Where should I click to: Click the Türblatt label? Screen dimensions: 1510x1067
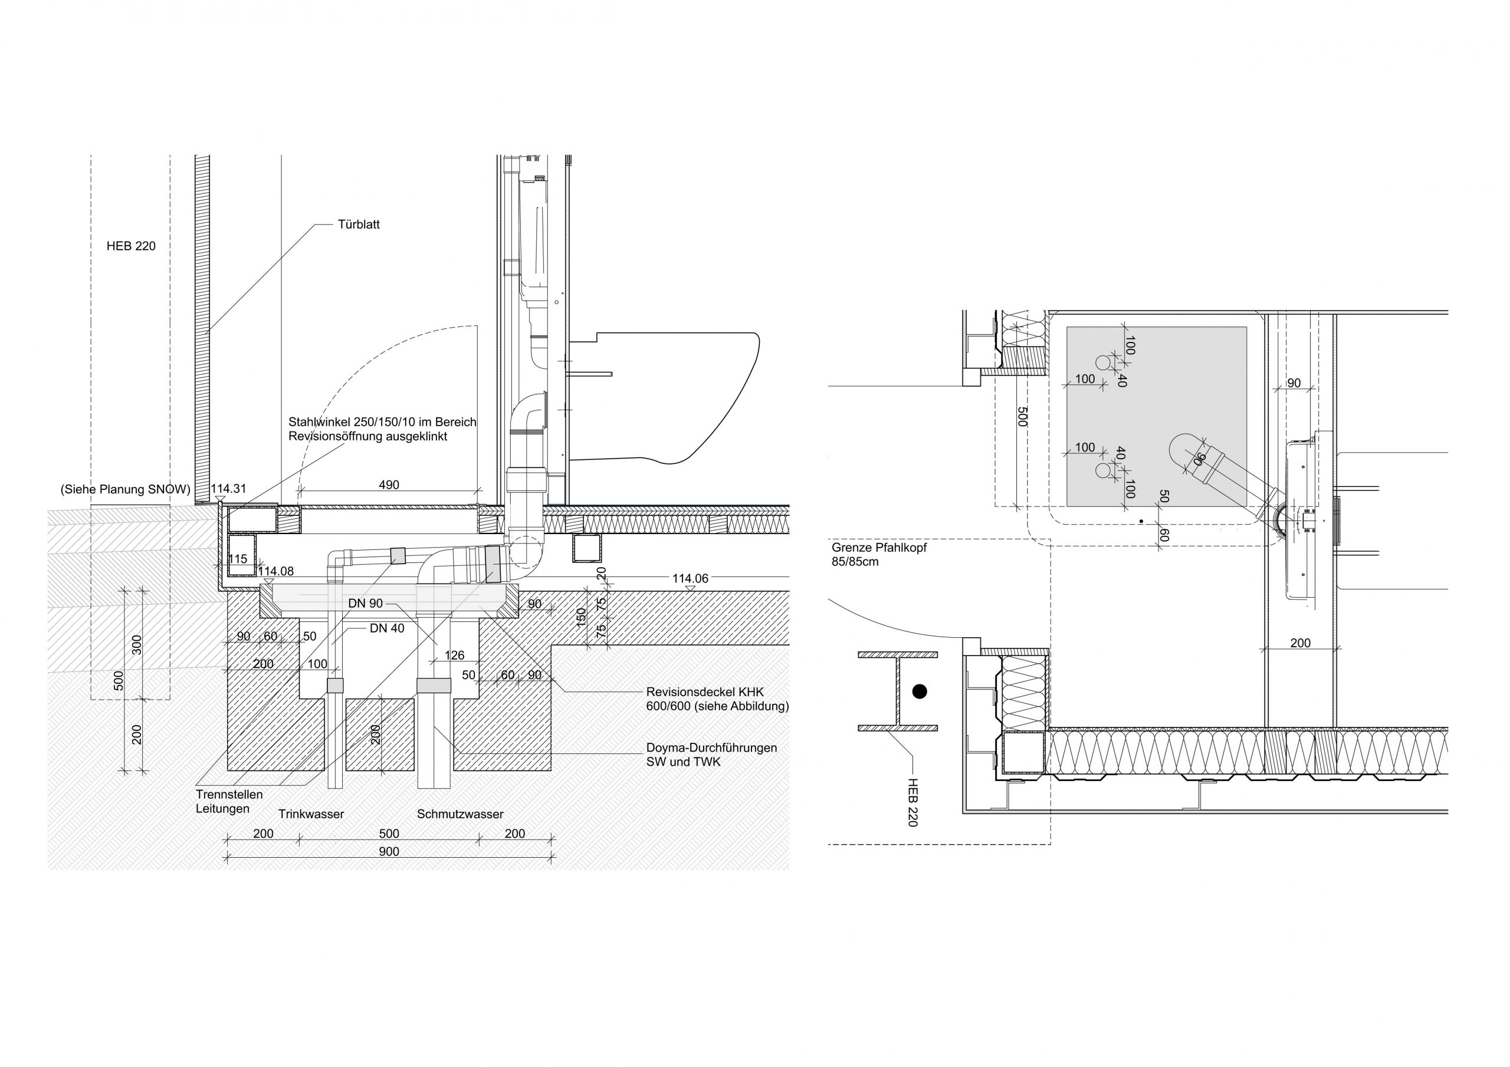(359, 224)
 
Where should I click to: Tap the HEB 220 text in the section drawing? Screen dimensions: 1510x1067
(131, 246)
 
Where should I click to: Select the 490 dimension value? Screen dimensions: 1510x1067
(389, 485)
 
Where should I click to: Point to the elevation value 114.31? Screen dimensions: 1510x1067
(228, 489)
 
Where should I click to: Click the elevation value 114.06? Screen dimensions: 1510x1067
(690, 578)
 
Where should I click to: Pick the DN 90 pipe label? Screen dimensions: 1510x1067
(366, 604)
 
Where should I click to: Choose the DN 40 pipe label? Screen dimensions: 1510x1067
(387, 628)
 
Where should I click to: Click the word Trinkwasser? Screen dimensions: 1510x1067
(311, 814)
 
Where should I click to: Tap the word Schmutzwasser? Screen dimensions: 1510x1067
(460, 814)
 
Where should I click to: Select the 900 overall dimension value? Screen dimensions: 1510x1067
(389, 851)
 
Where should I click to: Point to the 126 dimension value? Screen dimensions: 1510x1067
(454, 656)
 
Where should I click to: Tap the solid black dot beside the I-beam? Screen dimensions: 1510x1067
(920, 691)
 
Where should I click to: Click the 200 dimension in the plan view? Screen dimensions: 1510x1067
(1300, 643)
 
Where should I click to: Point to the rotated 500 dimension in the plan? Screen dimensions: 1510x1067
(1022, 417)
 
